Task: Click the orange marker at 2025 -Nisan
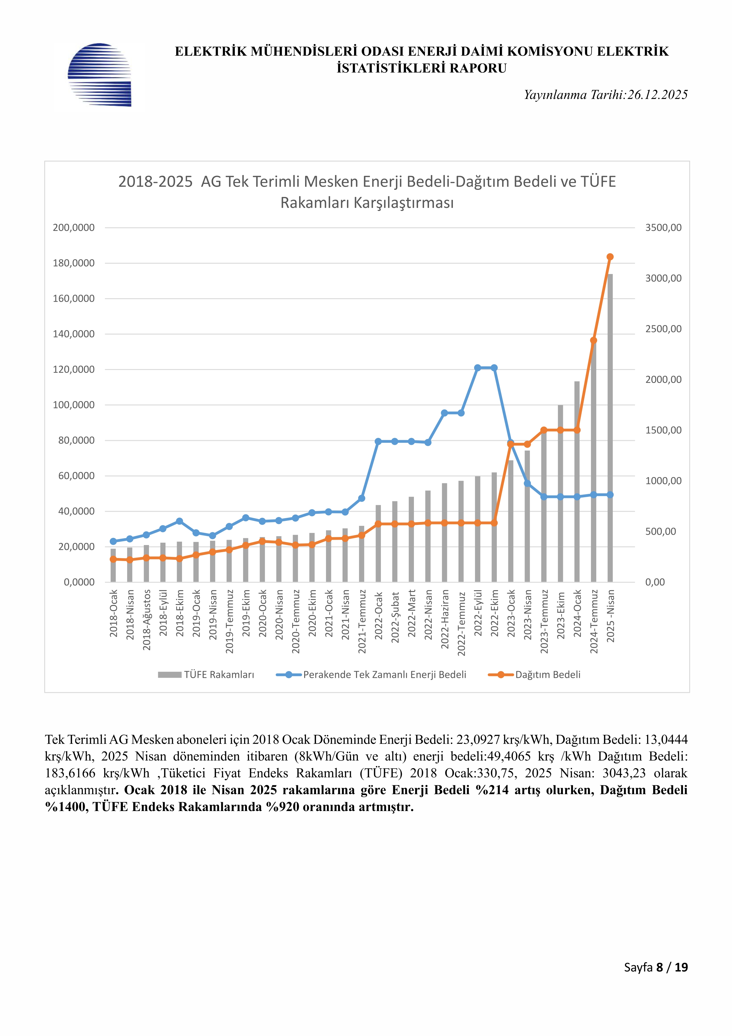[x=610, y=257]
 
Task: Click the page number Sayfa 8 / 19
[x=656, y=967]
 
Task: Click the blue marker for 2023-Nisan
[x=527, y=484]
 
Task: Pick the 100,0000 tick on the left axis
[x=74, y=405]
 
